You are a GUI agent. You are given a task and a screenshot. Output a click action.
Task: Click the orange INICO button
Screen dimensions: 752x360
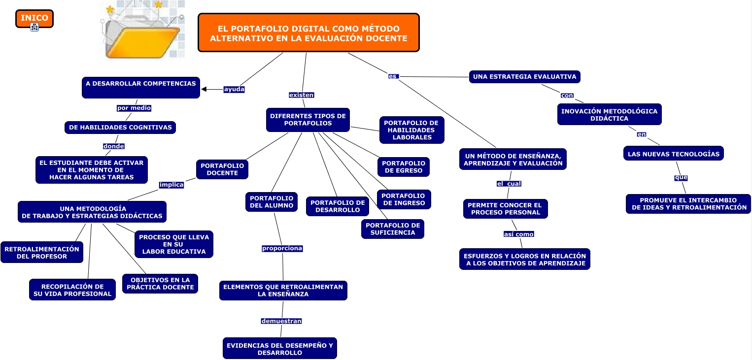click(x=34, y=19)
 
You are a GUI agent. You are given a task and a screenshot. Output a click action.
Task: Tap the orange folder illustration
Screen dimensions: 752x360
click(x=142, y=31)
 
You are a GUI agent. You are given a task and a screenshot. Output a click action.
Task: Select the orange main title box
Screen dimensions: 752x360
click(x=308, y=33)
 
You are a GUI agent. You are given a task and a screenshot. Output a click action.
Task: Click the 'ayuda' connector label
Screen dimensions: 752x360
click(x=234, y=89)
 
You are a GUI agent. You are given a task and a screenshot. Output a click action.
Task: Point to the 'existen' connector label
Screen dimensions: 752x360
click(x=302, y=95)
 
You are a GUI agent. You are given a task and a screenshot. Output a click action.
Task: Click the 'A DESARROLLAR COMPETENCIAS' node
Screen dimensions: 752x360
click(x=140, y=88)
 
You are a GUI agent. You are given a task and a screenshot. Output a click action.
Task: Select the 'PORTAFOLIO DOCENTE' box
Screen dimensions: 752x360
click(x=222, y=169)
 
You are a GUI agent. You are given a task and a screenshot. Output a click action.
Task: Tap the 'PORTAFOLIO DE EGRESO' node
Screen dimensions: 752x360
click(x=404, y=167)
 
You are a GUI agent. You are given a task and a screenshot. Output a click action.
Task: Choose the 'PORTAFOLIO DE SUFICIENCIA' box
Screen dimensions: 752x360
click(x=393, y=229)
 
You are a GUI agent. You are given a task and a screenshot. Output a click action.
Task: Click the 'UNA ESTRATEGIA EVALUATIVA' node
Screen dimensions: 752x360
click(x=525, y=77)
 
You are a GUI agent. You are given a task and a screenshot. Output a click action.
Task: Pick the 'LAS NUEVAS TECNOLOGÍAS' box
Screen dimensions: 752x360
click(x=674, y=154)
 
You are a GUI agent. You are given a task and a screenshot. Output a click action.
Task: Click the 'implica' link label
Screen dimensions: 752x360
click(x=171, y=185)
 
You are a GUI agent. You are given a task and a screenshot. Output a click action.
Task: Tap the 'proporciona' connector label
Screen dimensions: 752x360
click(x=282, y=248)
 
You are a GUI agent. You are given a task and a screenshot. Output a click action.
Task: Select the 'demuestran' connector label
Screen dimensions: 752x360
click(x=281, y=321)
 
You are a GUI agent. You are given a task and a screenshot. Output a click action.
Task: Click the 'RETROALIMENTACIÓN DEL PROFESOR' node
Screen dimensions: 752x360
click(x=42, y=252)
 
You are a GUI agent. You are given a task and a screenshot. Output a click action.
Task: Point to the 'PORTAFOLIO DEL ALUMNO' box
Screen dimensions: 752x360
click(x=272, y=202)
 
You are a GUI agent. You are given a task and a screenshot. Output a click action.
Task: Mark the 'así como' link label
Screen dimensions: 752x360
click(x=519, y=234)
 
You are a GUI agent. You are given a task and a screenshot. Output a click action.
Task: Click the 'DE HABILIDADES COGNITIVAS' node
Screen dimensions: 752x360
click(x=120, y=128)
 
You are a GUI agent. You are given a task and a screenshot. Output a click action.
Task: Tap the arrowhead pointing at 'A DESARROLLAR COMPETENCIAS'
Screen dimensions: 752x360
click(x=204, y=89)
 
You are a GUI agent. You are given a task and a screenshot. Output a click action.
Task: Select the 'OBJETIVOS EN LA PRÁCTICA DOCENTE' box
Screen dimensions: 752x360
click(x=160, y=284)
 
